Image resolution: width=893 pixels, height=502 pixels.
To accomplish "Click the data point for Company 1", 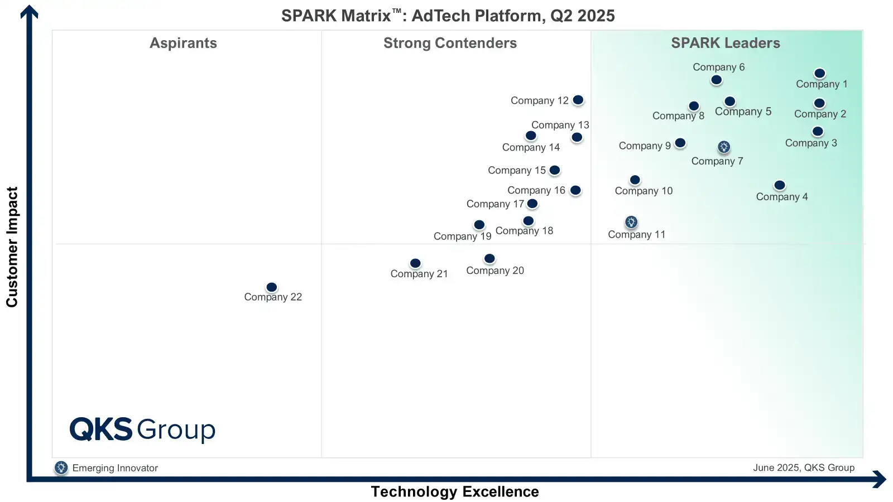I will point(819,74).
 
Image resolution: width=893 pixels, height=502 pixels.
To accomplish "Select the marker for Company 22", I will point(272,287).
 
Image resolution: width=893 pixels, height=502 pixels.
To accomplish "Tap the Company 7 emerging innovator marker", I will point(724,147).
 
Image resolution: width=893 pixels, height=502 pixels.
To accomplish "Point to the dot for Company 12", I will point(578,100).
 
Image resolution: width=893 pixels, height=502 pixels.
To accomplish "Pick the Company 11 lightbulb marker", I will point(631,222).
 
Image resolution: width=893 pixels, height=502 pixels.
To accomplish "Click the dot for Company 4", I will point(780,185).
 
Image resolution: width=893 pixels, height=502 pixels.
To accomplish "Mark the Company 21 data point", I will point(415,263).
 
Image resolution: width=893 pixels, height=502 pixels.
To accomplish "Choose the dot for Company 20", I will point(489,259).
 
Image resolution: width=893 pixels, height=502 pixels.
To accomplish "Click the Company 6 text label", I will point(718,67).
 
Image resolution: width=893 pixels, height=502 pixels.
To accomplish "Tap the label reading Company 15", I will point(517,171).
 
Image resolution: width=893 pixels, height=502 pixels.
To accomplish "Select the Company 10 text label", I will point(644,191).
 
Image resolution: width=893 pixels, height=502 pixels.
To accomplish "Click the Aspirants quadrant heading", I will point(183,44).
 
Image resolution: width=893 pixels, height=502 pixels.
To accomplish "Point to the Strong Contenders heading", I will point(450,44).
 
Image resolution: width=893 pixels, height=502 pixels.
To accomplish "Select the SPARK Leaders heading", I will point(725,44).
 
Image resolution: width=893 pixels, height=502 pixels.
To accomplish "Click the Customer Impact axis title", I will point(12,247).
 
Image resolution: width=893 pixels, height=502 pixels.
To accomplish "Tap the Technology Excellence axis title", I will point(455,492).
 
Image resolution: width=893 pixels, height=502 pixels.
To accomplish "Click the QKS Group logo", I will point(142,429).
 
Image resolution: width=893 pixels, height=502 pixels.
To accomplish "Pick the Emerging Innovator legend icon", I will point(61,468).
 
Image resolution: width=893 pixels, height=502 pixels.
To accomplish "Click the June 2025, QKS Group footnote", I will point(803,468).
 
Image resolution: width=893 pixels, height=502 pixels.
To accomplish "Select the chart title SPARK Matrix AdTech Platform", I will point(448,16).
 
